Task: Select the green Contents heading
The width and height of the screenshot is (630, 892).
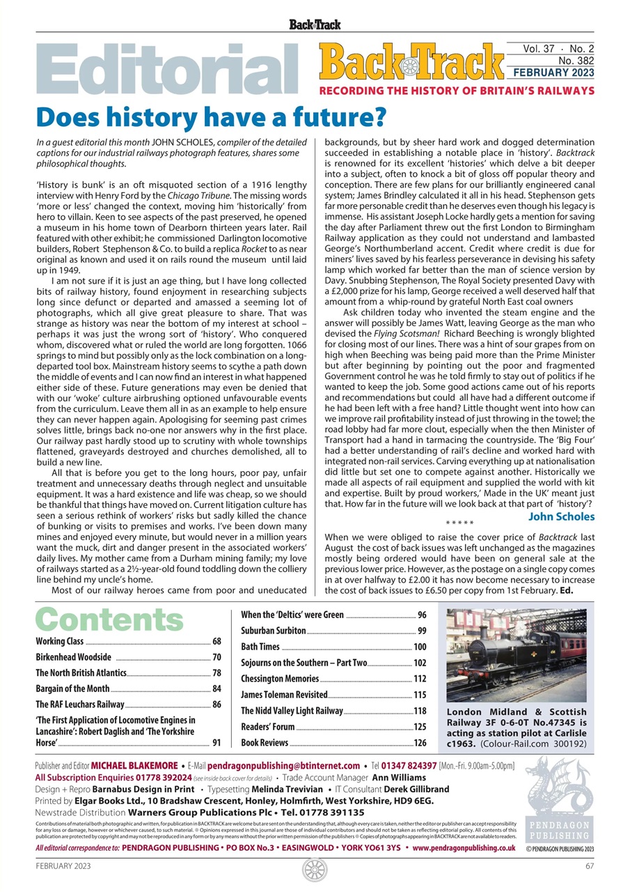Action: point(109,620)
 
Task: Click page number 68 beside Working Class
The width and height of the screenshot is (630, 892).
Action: point(216,641)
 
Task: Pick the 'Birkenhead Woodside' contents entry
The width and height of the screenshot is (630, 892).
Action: point(73,657)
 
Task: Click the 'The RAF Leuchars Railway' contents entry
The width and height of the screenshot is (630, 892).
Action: point(80,705)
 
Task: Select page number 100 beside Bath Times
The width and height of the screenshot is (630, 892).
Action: point(419,647)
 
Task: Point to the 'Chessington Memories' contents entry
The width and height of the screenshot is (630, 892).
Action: point(280,679)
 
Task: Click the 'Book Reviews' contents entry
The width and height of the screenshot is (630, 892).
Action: point(265,743)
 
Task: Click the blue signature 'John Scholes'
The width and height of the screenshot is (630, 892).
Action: point(561,516)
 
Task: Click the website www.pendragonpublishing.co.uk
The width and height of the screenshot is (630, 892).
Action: point(464,848)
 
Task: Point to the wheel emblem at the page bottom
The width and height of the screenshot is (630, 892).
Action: point(315,870)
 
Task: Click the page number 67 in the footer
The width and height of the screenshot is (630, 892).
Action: point(589,866)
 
